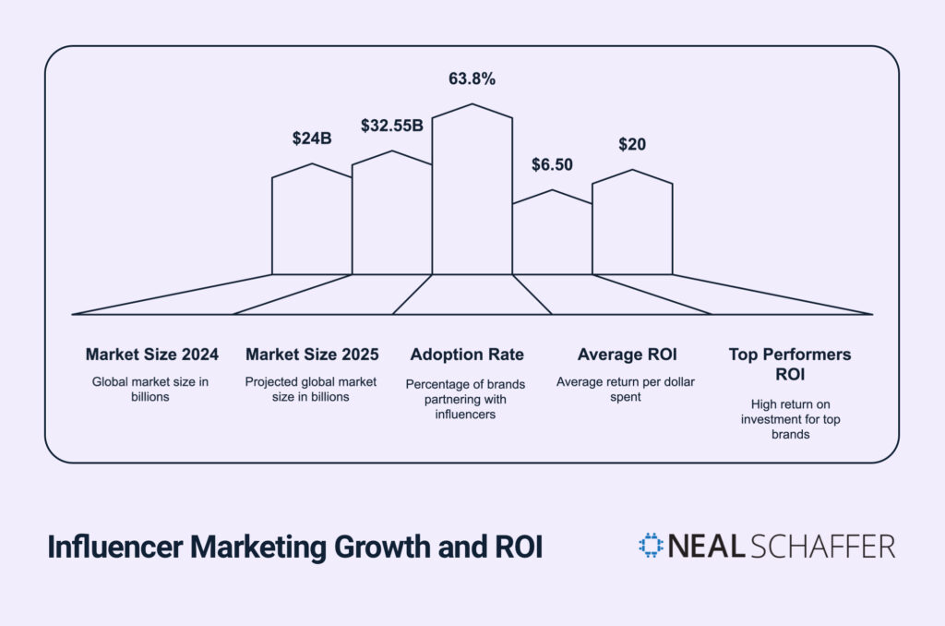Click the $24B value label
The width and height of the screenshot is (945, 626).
pyautogui.click(x=311, y=139)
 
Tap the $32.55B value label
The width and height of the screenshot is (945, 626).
pyautogui.click(x=391, y=126)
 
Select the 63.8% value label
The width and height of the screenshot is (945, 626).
pyautogui.click(x=472, y=79)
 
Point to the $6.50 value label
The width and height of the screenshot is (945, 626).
pyautogui.click(x=552, y=165)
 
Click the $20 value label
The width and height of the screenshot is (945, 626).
pyautogui.click(x=632, y=144)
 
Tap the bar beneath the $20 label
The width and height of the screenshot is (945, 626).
pyautogui.click(x=632, y=226)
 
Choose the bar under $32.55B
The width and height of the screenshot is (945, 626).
pyautogui.click(x=391, y=217)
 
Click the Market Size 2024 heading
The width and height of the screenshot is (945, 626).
pyautogui.click(x=151, y=355)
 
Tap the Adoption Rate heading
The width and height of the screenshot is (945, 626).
pyautogui.click(x=467, y=355)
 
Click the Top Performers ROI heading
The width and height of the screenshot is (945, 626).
pyautogui.click(x=789, y=364)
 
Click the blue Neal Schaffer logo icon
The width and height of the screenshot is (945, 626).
pyautogui.click(x=652, y=545)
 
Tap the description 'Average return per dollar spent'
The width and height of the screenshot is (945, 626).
pyautogui.click(x=624, y=389)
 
